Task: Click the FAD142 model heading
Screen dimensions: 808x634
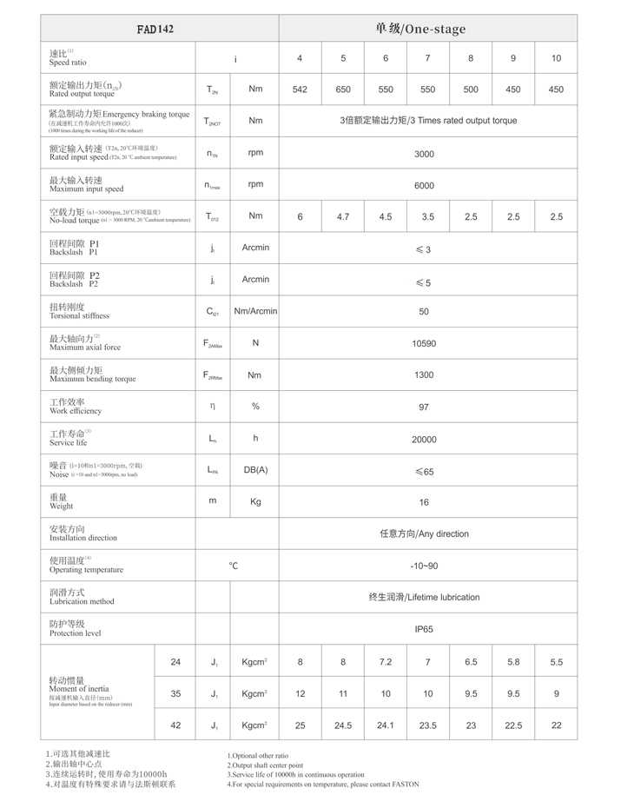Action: (155, 29)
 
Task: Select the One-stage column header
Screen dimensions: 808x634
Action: (420, 29)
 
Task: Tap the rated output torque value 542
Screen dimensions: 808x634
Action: (300, 89)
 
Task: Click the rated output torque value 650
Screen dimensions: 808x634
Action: (343, 89)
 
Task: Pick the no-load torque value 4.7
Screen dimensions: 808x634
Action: (343, 216)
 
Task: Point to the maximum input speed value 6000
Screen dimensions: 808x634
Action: (424, 185)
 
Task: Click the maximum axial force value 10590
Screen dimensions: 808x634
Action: (424, 343)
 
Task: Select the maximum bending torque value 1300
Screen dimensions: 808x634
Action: (424, 375)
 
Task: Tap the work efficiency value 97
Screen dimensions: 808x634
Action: (424, 407)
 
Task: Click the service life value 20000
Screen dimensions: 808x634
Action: (424, 439)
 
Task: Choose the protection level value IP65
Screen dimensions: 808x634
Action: (424, 629)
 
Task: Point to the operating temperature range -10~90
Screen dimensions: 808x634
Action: (424, 566)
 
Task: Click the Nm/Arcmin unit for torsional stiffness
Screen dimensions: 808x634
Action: (254, 311)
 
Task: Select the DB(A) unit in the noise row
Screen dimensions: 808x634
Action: (255, 470)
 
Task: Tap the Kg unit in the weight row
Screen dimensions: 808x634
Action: (255, 501)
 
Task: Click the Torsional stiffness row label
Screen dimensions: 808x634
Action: (79, 311)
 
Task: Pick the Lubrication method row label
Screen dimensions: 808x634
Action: (82, 597)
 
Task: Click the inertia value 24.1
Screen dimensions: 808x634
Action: (386, 725)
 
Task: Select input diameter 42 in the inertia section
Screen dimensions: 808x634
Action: (175, 725)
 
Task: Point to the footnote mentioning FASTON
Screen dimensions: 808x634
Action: (322, 785)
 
